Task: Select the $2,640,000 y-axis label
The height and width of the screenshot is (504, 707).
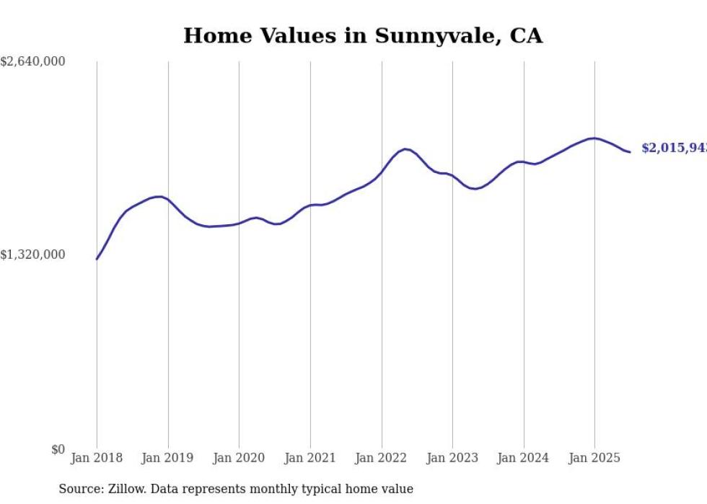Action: [x=32, y=62]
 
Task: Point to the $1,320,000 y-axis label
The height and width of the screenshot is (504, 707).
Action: [x=32, y=255]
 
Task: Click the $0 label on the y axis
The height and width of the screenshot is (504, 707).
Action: [x=58, y=449]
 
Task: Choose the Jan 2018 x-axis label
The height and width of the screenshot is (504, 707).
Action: [x=97, y=458]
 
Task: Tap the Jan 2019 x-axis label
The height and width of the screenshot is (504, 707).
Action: [x=168, y=458]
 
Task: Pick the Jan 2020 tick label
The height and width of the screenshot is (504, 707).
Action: [x=239, y=458]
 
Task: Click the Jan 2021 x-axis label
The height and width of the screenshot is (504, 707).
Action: [x=310, y=458]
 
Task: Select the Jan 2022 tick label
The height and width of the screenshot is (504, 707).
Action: [x=381, y=458]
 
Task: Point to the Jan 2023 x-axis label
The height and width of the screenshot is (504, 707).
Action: [x=452, y=458]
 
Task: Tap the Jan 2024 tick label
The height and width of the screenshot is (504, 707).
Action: [x=523, y=458]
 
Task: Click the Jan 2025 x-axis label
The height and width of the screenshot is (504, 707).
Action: [x=594, y=458]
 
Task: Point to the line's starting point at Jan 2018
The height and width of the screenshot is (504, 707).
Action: [x=97, y=259]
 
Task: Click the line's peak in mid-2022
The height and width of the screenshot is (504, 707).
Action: [x=406, y=149]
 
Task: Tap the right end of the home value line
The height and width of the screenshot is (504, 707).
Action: [x=630, y=152]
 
